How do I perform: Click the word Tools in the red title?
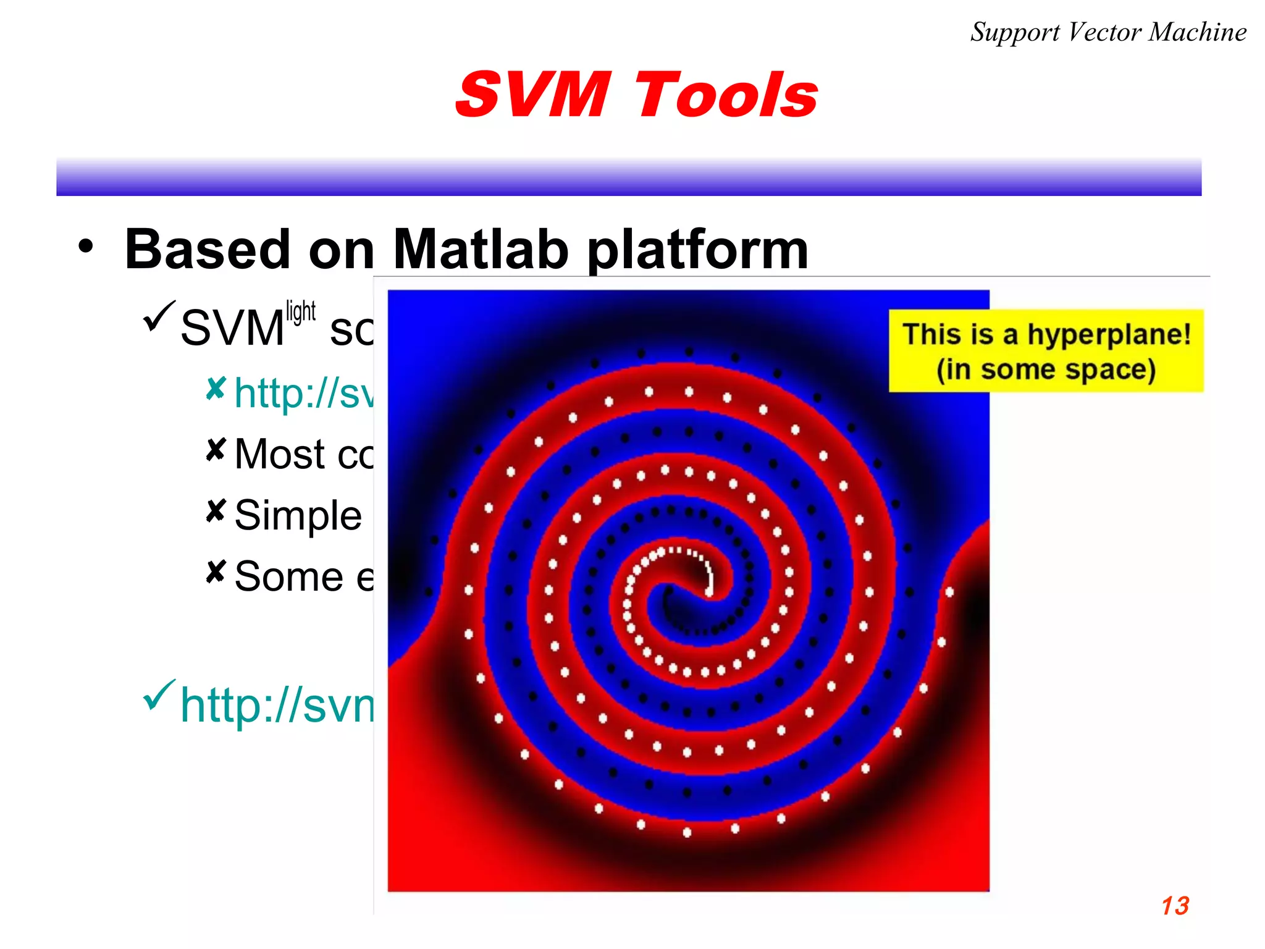coord(726,96)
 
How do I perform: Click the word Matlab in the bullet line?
coord(480,250)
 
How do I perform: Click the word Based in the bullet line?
coord(208,250)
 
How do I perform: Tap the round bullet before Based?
coord(86,247)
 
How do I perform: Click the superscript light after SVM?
coord(301,312)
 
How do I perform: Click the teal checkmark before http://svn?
coord(159,694)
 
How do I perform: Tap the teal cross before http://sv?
coord(216,389)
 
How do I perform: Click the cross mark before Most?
coord(216,450)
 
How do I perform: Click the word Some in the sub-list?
coord(288,576)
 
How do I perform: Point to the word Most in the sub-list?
coord(280,454)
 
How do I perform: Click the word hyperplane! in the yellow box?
coord(1109,335)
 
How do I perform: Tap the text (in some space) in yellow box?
coord(1045,369)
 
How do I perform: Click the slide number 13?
coord(1174,906)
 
